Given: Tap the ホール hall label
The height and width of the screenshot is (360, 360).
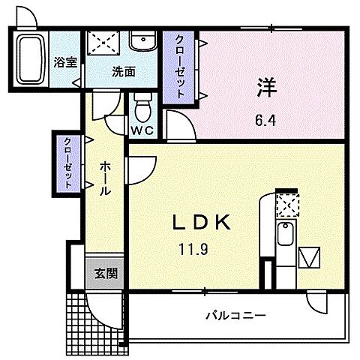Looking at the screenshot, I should (x=106, y=179).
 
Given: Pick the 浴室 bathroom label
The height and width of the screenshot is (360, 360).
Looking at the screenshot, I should (x=64, y=63).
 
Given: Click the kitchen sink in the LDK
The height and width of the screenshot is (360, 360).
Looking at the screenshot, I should (x=285, y=236).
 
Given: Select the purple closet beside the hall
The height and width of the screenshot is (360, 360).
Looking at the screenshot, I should (x=67, y=162).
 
